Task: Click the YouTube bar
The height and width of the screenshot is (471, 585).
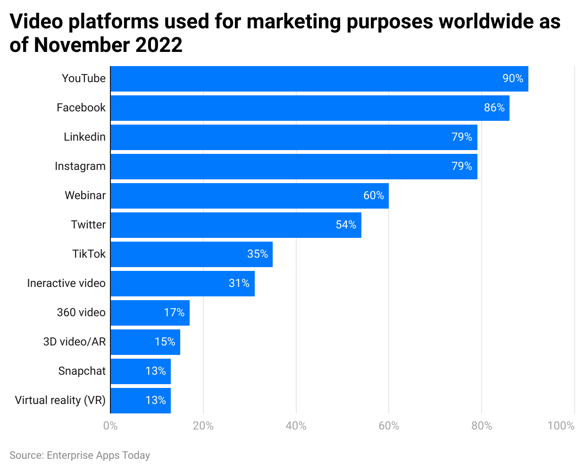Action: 319,79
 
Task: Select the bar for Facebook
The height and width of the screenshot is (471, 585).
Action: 310,108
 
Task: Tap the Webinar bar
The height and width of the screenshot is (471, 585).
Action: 250,196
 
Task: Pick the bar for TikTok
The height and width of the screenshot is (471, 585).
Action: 192,254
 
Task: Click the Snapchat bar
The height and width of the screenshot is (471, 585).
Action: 141,371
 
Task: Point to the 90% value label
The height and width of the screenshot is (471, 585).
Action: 512,78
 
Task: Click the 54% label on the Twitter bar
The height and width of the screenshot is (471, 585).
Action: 346,225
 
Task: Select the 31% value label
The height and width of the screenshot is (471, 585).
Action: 239,283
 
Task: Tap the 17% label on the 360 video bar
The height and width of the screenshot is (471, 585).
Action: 174,312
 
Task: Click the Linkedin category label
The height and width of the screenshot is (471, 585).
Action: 84,137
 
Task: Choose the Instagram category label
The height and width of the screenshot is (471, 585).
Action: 80,166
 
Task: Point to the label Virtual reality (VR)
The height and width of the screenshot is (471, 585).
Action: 60,400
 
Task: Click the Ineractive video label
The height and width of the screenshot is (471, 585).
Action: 66,283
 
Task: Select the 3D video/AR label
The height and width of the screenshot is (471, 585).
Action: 74,342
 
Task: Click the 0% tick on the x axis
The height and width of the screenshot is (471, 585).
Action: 110,426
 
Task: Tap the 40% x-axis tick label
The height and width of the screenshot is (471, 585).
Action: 296,426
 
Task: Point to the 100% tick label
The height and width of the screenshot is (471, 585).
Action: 560,426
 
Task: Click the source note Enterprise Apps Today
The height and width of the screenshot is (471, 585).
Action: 98,455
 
